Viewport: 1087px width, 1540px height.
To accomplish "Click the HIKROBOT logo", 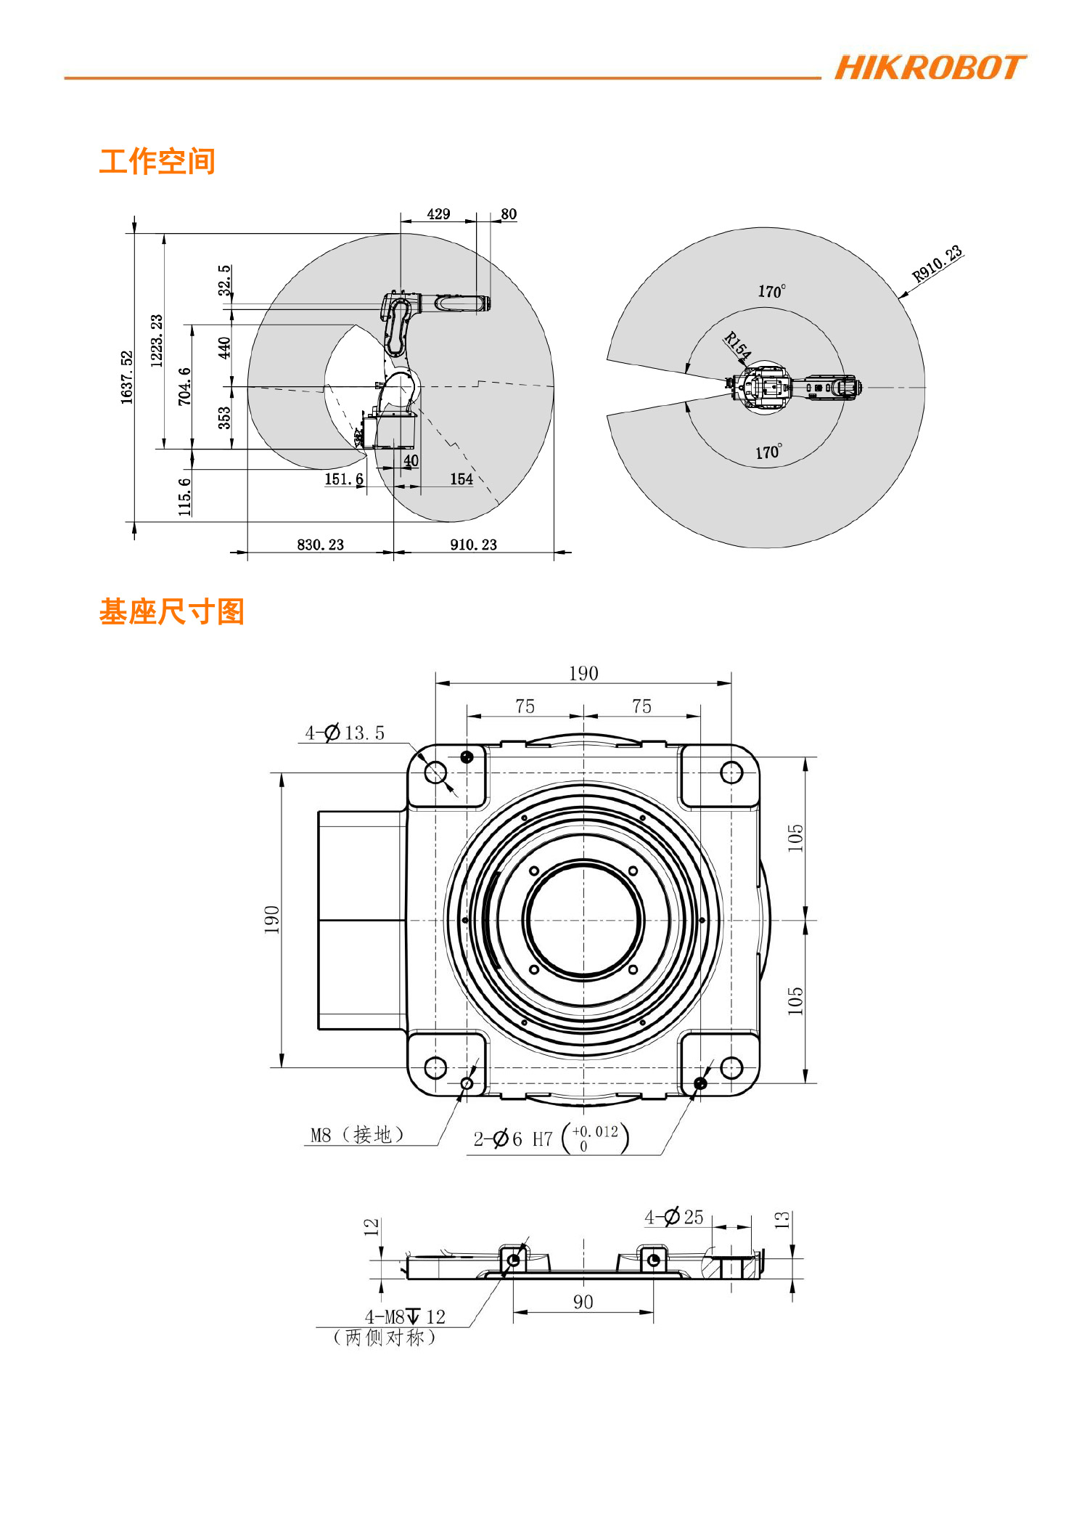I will (x=930, y=68).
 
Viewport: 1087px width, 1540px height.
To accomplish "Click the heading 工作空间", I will (x=157, y=161).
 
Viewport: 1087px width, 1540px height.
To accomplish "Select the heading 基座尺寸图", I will (x=171, y=611).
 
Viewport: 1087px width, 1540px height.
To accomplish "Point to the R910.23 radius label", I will (x=937, y=263).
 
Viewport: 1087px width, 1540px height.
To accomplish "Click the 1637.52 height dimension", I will (x=127, y=378).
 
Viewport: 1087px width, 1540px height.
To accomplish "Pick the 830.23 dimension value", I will (x=320, y=545).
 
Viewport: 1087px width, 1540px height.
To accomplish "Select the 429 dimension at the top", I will (x=438, y=214).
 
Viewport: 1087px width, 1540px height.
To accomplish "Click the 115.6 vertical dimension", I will (x=185, y=497).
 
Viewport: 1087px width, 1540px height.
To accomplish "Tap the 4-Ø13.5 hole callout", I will (x=345, y=733).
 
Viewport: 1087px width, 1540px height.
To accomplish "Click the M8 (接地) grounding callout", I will (x=356, y=1135).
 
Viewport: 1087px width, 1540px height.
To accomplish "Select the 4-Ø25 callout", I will (x=674, y=1217).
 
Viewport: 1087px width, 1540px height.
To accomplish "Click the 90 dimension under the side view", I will (x=583, y=1302).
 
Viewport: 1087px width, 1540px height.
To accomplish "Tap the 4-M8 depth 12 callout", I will (x=405, y=1316).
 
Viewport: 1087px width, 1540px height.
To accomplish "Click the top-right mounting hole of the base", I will (x=731, y=773).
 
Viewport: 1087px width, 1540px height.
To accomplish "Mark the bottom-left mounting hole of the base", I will (x=435, y=1067).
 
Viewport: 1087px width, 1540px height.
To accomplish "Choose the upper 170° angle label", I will (x=771, y=291).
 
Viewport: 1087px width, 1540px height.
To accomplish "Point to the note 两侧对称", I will (x=384, y=1337).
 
